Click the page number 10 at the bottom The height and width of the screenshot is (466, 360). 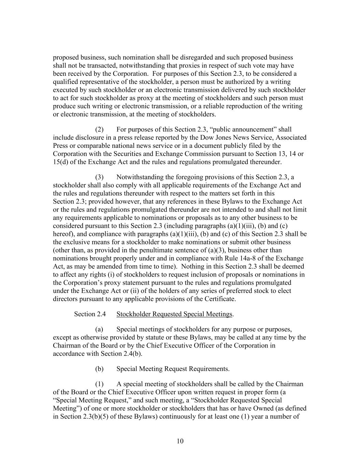point(180,441)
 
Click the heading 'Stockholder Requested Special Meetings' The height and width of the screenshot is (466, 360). point(174,314)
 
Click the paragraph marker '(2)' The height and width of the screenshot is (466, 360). point(99,129)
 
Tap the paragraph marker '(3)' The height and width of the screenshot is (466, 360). point(99,177)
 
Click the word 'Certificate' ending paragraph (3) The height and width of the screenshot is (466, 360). point(220,299)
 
